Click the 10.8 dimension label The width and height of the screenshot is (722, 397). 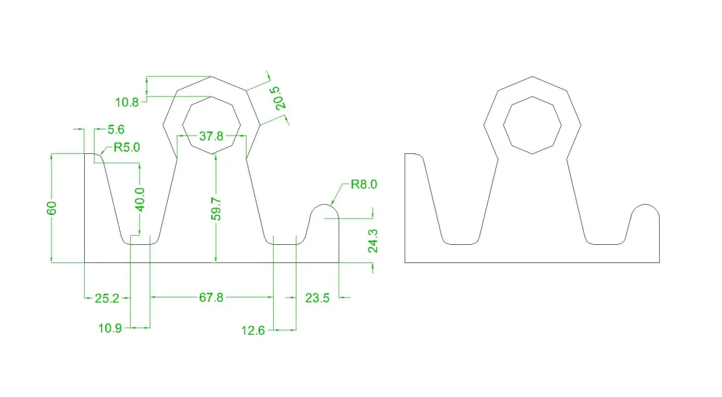point(127,102)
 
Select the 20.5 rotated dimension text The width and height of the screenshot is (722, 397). point(280,98)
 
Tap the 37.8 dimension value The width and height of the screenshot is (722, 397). point(211,136)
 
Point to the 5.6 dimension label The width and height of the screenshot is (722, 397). point(116,130)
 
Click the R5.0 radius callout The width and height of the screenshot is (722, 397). point(127,147)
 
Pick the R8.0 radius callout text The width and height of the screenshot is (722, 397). point(364,184)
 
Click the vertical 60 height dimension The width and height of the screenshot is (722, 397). point(51,208)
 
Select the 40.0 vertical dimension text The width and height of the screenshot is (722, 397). point(140,199)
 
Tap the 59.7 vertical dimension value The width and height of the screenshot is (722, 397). point(216,209)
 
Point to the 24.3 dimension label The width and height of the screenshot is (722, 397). point(373,241)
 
